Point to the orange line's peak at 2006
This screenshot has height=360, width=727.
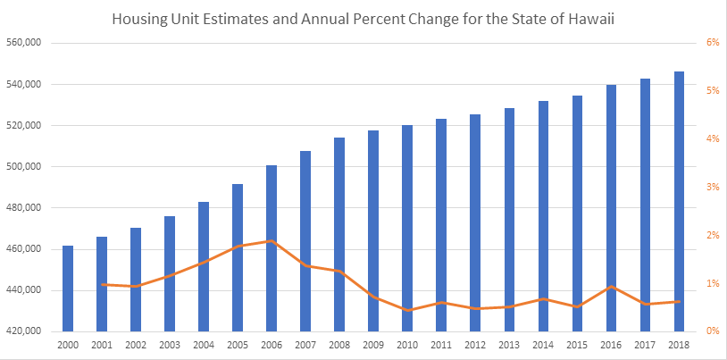(272, 241)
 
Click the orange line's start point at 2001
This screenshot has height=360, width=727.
(102, 284)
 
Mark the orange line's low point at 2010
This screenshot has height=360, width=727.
(407, 310)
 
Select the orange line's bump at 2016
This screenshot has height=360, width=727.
(611, 286)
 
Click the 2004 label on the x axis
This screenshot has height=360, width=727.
(204, 344)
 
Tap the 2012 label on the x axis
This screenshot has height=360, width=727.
(475, 344)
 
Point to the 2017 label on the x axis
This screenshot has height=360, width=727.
(645, 344)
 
